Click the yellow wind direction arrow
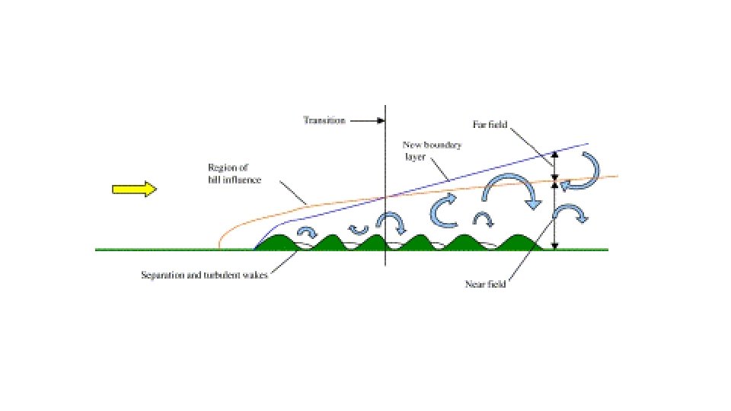tap(134, 190)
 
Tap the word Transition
tap(324, 120)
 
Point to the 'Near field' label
tap(486, 285)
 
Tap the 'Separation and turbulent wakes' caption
tap(204, 275)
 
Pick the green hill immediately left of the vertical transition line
tap(375, 242)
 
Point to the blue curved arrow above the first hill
tap(308, 233)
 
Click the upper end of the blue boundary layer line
tap(588, 143)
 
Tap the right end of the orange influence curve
tap(617, 176)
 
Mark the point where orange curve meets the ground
tap(219, 247)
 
